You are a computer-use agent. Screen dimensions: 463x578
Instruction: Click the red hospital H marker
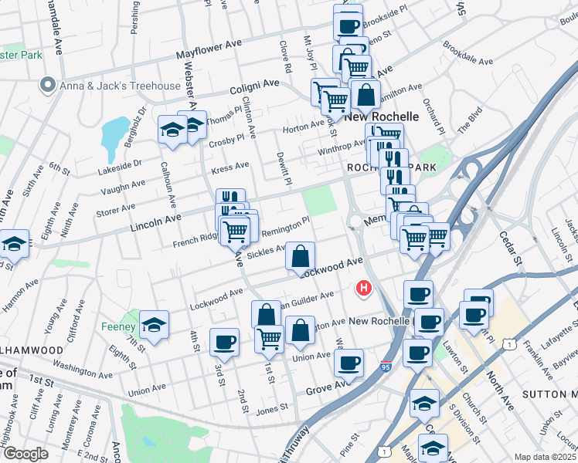(x=363, y=289)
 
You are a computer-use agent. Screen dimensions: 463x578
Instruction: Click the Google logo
(x=25, y=454)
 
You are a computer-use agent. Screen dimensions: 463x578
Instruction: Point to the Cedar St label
(x=512, y=245)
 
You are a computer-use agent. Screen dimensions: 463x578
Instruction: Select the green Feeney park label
(x=118, y=326)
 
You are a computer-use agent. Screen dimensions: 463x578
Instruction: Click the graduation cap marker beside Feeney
(x=155, y=324)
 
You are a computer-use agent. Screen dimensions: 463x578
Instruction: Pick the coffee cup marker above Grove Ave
(x=350, y=361)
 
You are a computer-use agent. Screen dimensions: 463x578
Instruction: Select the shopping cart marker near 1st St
(x=269, y=337)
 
